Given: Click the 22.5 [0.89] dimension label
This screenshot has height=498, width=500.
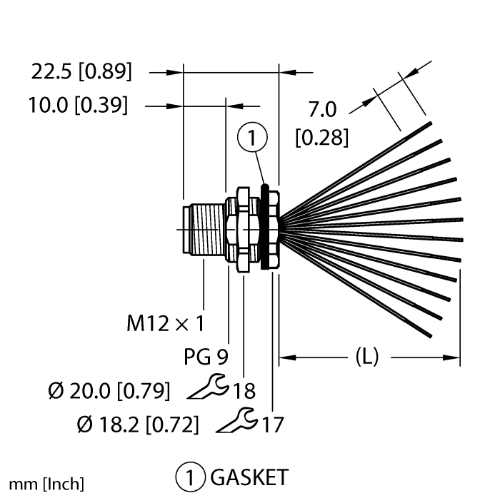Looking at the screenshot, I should pyautogui.click(x=82, y=71).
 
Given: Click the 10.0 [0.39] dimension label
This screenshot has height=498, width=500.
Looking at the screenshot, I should pyautogui.click(x=79, y=106).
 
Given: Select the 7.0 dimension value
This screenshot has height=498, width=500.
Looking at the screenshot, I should pyautogui.click(x=321, y=111).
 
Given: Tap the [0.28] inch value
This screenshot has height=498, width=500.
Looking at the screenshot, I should pyautogui.click(x=321, y=136).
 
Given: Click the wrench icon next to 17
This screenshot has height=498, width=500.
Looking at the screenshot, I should pyautogui.click(x=236, y=421).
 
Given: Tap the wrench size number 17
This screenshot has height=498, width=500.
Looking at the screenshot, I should pyautogui.click(x=271, y=425).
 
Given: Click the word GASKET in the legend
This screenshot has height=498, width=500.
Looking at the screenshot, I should pyautogui.click(x=245, y=476).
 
